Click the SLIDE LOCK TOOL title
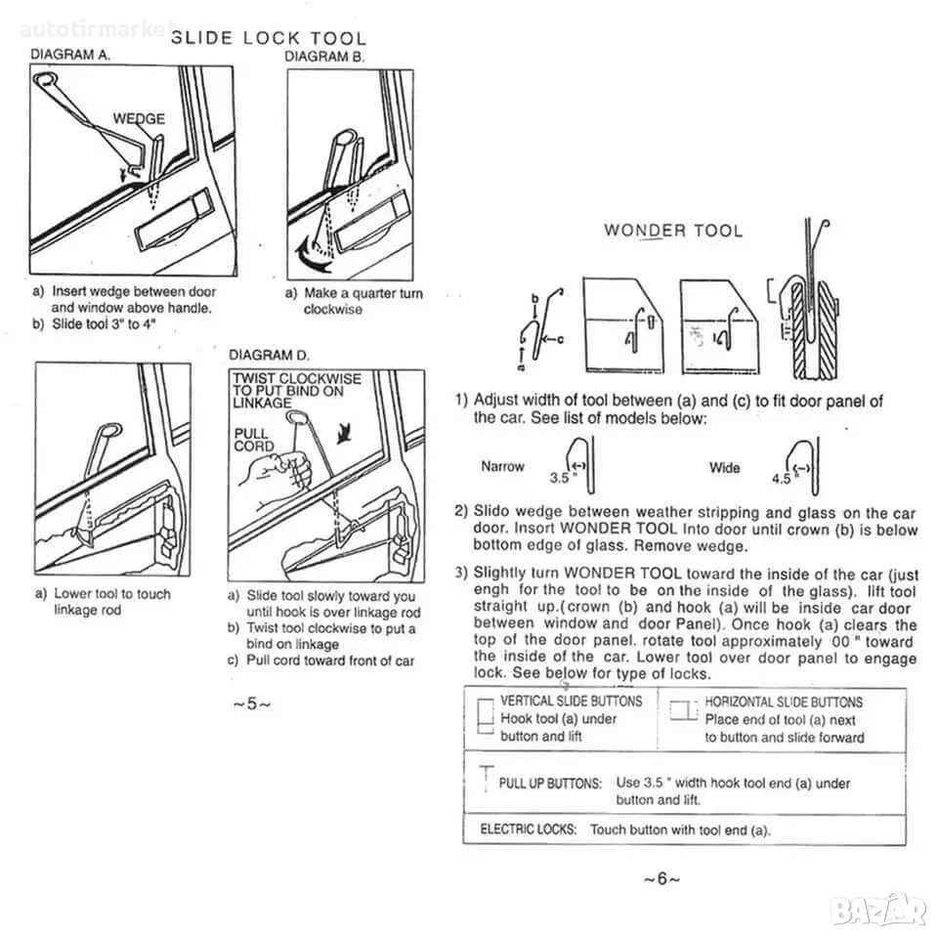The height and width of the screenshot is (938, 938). [x=269, y=38]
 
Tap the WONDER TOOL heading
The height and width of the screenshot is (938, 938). [x=673, y=231]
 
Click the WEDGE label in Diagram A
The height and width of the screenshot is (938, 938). [x=139, y=118]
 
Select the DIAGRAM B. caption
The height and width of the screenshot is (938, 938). [x=324, y=57]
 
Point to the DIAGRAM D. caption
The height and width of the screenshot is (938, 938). [x=270, y=355]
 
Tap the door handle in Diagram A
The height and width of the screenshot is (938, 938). [x=175, y=220]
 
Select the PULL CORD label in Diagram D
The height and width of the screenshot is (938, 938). [x=254, y=440]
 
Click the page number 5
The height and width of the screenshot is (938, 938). [x=251, y=703]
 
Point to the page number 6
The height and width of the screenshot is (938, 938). [x=661, y=878]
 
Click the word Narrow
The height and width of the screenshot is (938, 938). [x=502, y=466]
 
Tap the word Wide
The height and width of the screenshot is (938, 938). [x=724, y=467]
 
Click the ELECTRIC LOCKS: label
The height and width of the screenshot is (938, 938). [x=529, y=830]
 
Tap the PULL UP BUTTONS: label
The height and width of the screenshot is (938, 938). [x=550, y=783]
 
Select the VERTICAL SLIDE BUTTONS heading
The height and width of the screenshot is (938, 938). [x=572, y=702]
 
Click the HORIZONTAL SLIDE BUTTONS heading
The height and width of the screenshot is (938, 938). [x=784, y=703]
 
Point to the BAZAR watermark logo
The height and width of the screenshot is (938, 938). [x=879, y=911]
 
